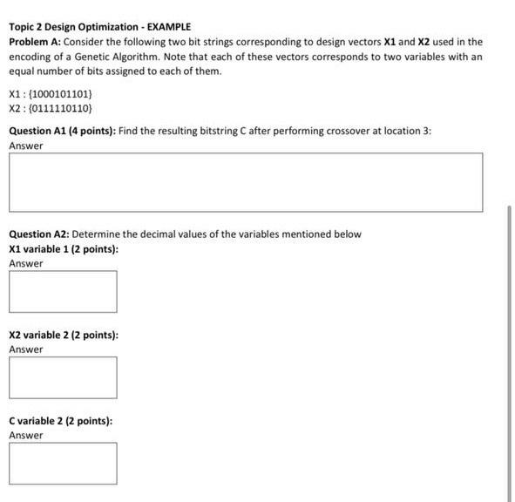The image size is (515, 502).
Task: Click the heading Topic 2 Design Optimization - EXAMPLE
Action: pyautogui.click(x=99, y=27)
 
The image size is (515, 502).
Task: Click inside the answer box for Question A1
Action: pyautogui.click(x=246, y=182)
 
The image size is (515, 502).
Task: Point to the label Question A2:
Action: pyautogui.click(x=38, y=234)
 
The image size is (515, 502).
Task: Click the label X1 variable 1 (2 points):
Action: pyautogui.click(x=63, y=249)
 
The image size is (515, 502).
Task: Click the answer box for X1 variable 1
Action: pyautogui.click(x=63, y=291)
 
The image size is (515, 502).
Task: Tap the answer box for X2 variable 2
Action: pyautogui.click(x=63, y=377)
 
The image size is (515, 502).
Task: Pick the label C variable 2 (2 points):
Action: pyautogui.click(x=60, y=421)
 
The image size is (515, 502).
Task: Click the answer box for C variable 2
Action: pyautogui.click(x=63, y=463)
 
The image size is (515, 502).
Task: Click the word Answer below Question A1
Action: pyautogui.click(x=26, y=146)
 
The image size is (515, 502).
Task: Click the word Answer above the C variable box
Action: pyautogui.click(x=26, y=435)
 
